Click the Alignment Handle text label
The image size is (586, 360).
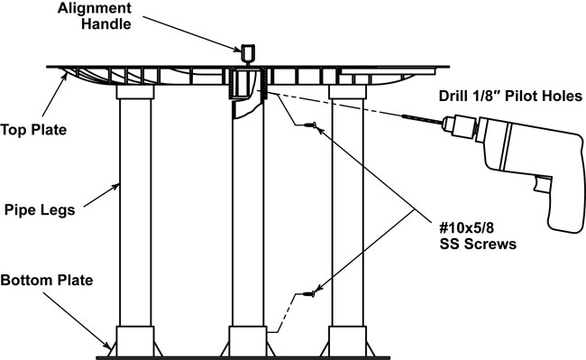coord(94,16)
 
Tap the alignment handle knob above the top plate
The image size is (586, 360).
coord(248,53)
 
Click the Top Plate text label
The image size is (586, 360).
coord(33,130)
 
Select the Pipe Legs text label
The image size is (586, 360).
coord(40,209)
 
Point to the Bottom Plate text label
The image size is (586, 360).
coord(47,280)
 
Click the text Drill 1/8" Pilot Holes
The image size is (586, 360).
coord(510,96)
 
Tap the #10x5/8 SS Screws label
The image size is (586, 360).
coord(478,235)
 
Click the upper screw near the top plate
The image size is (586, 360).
coord(310,125)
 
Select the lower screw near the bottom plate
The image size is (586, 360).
coord(308,294)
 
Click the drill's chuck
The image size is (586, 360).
coord(460,125)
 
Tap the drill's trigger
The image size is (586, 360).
coord(543,186)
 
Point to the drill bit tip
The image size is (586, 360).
coord(403,116)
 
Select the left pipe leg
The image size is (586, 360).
coord(135,212)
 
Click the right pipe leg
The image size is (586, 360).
coord(348,212)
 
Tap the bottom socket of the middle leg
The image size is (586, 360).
coord(248,341)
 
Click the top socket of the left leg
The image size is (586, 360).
coord(135,92)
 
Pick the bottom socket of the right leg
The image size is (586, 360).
coord(348,341)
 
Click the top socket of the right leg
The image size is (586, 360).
coord(348,92)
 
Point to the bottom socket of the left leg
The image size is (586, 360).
coord(135,341)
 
